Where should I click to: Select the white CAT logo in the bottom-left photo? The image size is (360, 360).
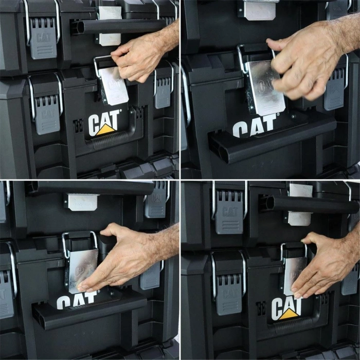pos(77,300)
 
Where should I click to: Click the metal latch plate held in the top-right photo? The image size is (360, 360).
pos(264,87)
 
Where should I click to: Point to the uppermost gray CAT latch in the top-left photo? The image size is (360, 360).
pos(43,39)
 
